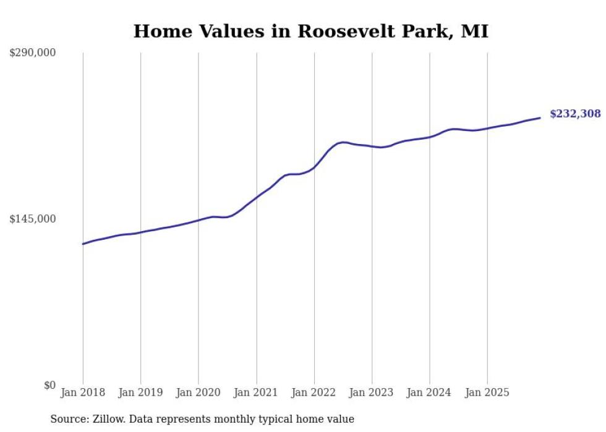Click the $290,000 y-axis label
pos(32,53)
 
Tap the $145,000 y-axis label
pos(32,219)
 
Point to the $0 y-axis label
pos(49,385)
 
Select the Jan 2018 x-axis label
pos(83,392)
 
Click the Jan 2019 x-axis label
pos(140,392)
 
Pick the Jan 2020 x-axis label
pos(198,392)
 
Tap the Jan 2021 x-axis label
pos(256,392)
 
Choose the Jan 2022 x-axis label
pos(314,392)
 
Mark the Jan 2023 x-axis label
pos(372,392)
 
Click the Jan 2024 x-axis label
pos(430,392)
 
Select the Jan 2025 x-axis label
pos(487,392)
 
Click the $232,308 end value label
pos(575,114)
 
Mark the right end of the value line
pos(540,118)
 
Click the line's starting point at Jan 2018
pos(83,244)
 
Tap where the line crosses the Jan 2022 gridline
pos(314,167)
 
